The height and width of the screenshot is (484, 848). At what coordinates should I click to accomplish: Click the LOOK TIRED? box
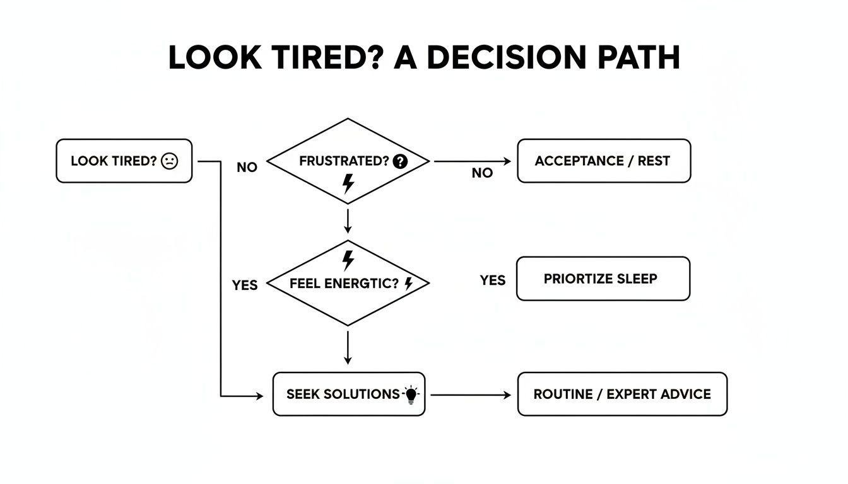(x=124, y=161)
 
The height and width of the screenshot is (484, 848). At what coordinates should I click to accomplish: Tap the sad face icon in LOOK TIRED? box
(x=170, y=161)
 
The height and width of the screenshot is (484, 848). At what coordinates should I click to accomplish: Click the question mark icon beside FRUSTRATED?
(x=400, y=161)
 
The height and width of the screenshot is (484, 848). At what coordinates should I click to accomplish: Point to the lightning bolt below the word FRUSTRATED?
(x=348, y=183)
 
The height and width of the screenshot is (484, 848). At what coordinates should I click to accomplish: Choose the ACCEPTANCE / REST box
(x=603, y=161)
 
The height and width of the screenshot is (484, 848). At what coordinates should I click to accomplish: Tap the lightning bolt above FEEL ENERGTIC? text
(x=348, y=259)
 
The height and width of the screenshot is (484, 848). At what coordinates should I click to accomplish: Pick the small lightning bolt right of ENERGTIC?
(x=408, y=284)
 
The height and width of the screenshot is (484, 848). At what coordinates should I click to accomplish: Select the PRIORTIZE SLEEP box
(x=603, y=278)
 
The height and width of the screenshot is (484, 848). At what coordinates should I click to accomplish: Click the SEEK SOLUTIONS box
(x=348, y=394)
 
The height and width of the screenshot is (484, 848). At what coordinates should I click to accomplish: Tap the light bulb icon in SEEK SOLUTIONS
(x=411, y=395)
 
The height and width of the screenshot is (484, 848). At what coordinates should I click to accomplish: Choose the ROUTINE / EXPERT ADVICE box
(x=621, y=394)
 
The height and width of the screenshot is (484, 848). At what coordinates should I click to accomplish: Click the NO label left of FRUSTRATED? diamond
(x=247, y=168)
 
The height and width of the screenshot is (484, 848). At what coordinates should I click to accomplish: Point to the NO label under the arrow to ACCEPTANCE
(x=482, y=173)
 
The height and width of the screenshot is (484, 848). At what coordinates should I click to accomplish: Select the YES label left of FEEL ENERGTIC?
(x=245, y=285)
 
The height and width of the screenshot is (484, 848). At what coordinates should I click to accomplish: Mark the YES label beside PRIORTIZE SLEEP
(x=492, y=280)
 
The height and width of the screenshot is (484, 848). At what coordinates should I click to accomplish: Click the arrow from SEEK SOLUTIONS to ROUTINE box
(x=470, y=395)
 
